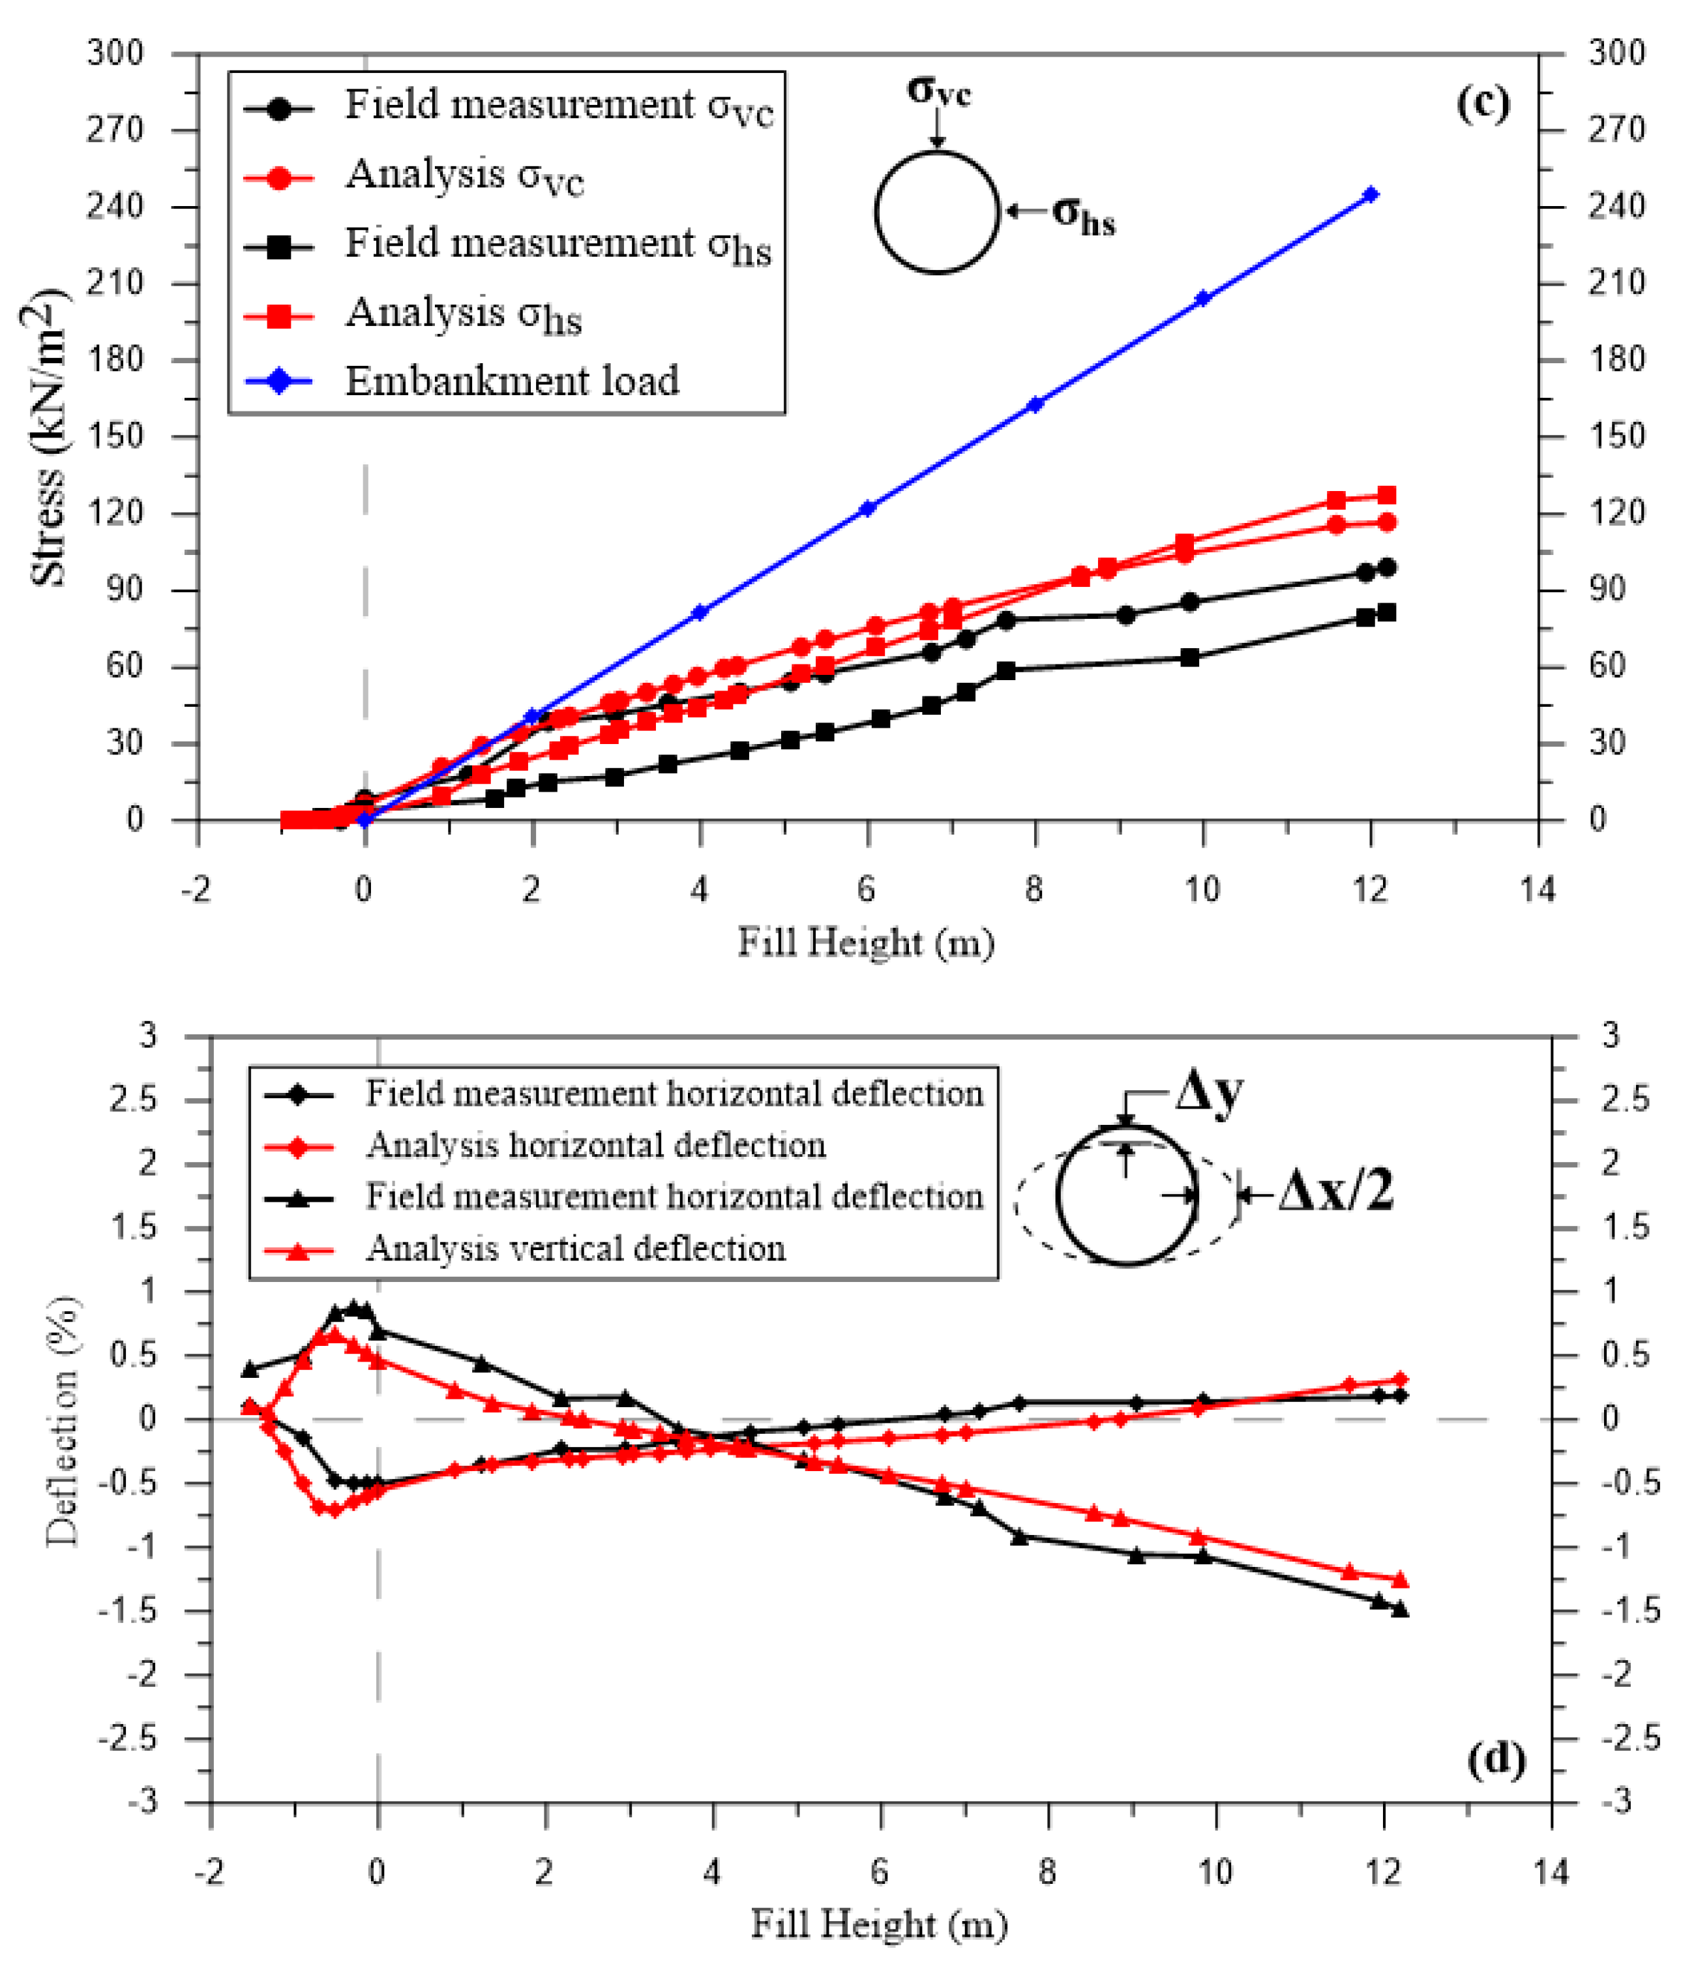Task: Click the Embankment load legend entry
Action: [x=511, y=381]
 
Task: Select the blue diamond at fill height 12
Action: [x=1369, y=195]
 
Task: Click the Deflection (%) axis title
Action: [x=63, y=1420]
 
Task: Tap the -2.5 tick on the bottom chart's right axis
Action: [x=1629, y=1738]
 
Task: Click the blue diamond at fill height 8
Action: [x=1035, y=404]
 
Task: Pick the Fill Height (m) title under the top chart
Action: [x=865, y=943]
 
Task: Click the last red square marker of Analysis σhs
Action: [x=1386, y=495]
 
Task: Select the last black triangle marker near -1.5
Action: [x=1399, y=1609]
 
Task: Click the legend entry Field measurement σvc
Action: [x=558, y=106]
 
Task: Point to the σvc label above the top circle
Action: [x=938, y=90]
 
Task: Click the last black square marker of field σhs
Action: [x=1386, y=612]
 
